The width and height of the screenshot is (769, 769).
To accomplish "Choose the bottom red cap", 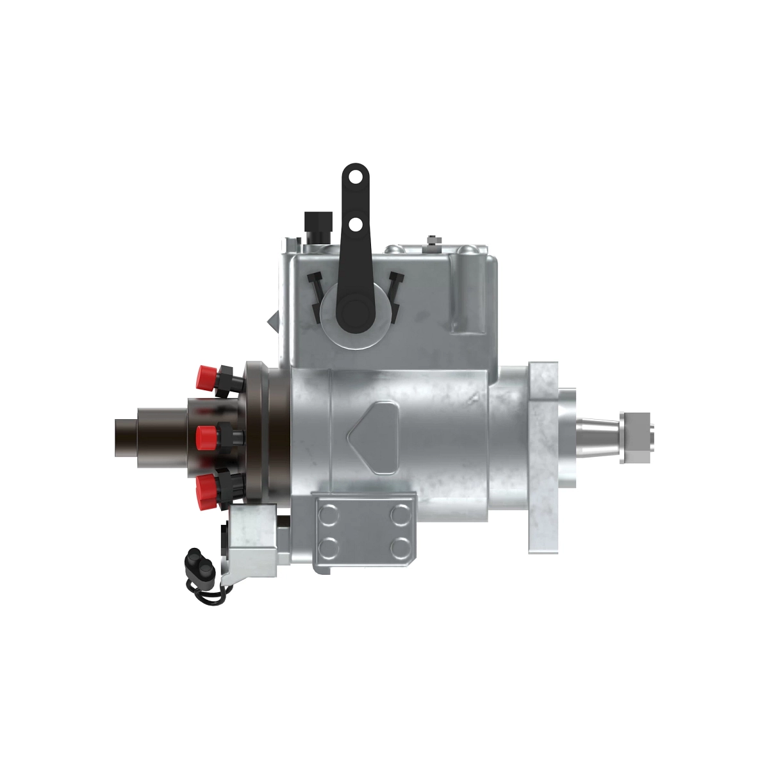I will click(206, 490).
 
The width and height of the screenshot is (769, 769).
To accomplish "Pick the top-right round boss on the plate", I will click(401, 513).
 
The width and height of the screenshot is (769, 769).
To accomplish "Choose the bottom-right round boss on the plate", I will click(401, 547).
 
